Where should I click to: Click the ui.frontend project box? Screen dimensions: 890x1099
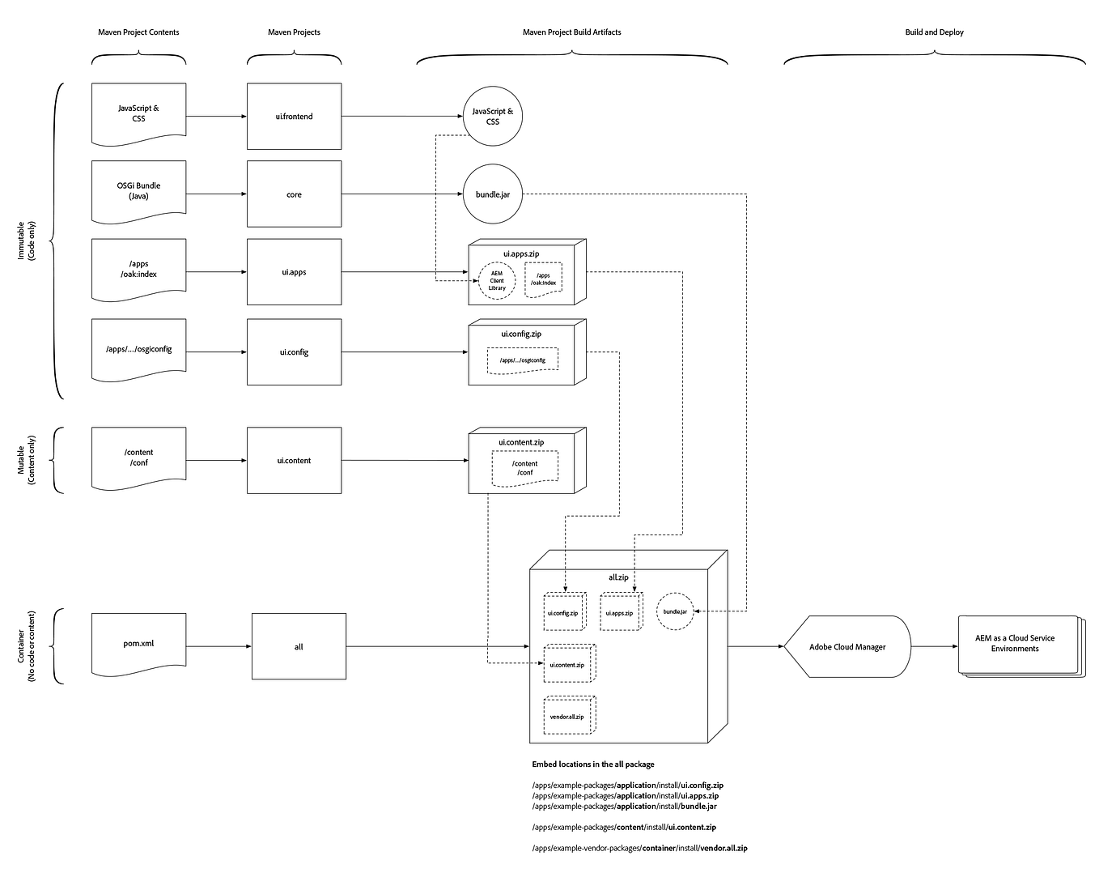[294, 117]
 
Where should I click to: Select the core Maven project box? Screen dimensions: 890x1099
[294, 194]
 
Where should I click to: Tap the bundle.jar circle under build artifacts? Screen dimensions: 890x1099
[492, 194]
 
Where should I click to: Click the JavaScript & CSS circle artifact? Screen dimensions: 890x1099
[492, 117]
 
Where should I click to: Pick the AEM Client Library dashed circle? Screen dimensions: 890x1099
[497, 281]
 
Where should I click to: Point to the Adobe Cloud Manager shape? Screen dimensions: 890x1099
[847, 647]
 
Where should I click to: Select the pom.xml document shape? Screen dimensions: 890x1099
[138, 645]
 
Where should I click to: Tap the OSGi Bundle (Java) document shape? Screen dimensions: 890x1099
[138, 191]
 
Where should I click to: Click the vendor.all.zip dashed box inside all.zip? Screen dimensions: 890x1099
[567, 716]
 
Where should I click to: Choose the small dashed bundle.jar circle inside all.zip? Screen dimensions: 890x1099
[675, 611]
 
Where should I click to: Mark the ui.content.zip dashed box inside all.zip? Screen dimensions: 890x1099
[567, 664]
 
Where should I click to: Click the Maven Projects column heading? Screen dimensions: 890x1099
[294, 32]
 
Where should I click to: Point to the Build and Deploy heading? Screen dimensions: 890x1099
[934, 32]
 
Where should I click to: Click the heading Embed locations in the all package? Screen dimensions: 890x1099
[593, 764]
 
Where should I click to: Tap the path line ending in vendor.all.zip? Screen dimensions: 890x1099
[639, 849]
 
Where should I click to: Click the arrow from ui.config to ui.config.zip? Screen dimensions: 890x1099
[405, 352]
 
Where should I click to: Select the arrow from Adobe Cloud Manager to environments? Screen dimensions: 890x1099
[935, 647]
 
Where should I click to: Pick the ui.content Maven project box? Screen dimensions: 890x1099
[294, 460]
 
